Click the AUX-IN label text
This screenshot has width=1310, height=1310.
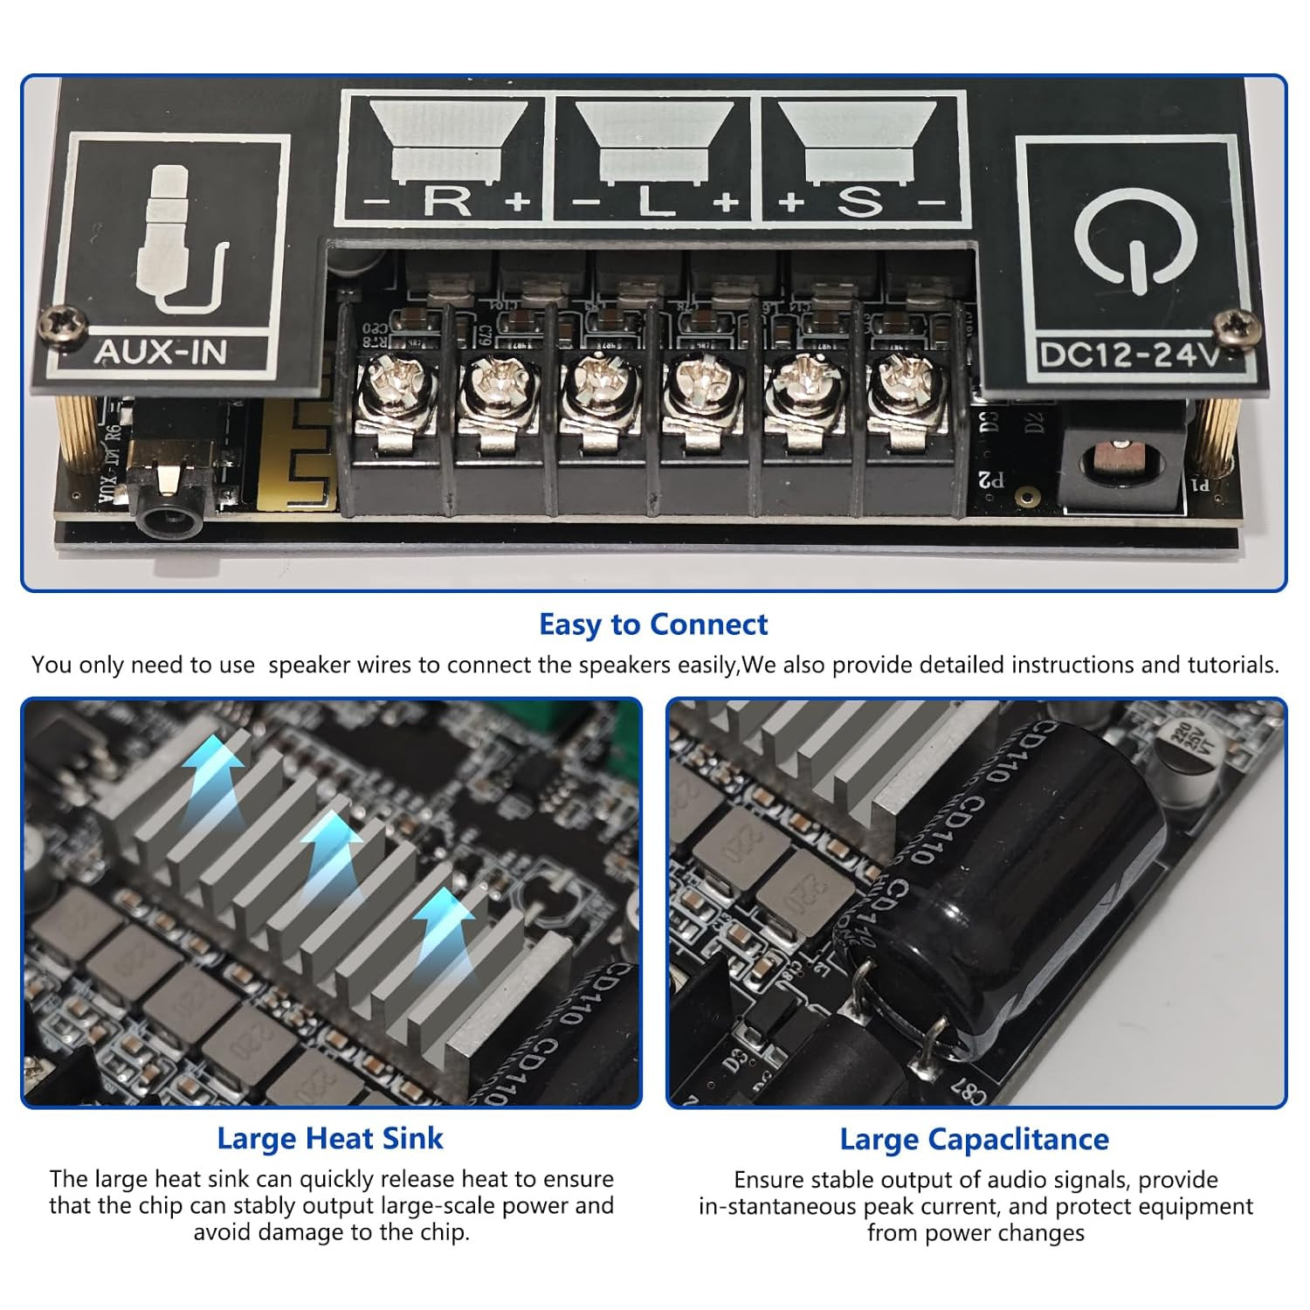pyautogui.click(x=160, y=352)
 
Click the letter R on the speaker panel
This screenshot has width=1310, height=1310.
pyautogui.click(x=447, y=201)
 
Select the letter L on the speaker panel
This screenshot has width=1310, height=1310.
pyautogui.click(x=655, y=203)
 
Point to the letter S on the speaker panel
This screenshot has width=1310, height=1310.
pyautogui.click(x=860, y=201)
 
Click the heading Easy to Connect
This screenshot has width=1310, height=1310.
pyautogui.click(x=653, y=624)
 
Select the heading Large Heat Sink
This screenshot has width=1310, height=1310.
pyautogui.click(x=330, y=1138)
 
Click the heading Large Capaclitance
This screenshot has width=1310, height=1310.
pyautogui.click(x=974, y=1139)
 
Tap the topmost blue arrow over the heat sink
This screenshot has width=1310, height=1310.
pyautogui.click(x=213, y=766)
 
